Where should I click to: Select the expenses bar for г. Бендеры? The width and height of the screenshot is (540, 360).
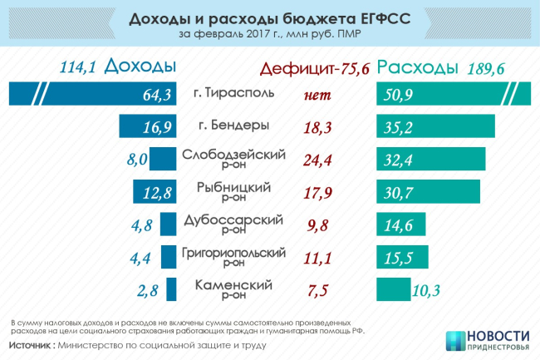(x=436, y=126)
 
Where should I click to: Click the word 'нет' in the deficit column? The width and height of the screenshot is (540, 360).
(x=317, y=95)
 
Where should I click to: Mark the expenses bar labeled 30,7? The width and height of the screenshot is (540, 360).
(x=428, y=192)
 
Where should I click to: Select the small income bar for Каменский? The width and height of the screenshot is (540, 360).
(x=171, y=289)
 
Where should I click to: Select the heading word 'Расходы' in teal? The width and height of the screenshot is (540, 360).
(x=419, y=67)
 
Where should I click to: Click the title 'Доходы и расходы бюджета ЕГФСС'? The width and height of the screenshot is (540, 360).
(x=269, y=19)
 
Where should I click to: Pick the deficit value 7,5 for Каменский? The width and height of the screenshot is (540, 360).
(x=317, y=290)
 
